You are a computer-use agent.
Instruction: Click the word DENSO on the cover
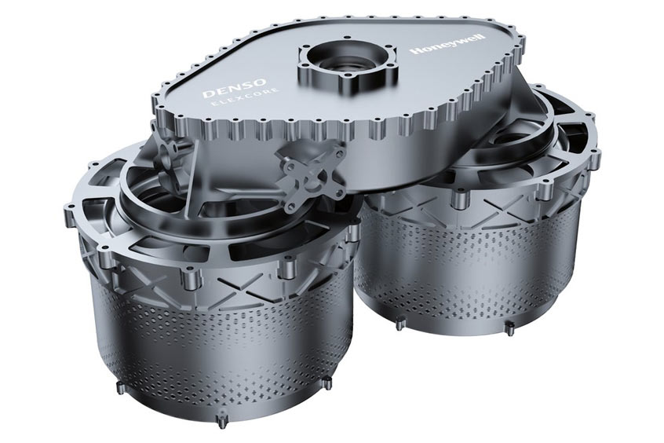click(x=234, y=87)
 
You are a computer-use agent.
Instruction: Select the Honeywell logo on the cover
click(x=449, y=44)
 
